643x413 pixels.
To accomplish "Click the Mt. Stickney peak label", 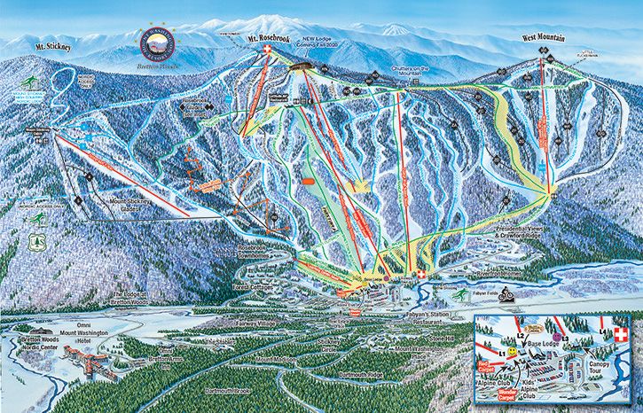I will [52, 44].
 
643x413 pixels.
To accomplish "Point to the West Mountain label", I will [545, 37].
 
